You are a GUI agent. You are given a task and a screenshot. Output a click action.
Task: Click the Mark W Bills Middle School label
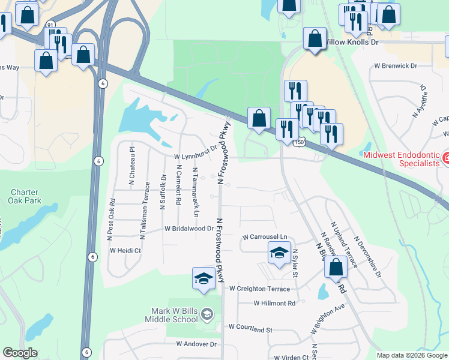pos(171,314)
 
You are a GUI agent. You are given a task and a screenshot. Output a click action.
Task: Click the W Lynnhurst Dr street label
pos(195,152)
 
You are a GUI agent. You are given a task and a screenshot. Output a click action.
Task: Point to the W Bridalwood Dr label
pos(189,229)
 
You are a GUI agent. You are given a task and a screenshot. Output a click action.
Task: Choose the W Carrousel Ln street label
pos(265,238)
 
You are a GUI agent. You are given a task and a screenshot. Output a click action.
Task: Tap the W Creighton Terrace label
pos(259,289)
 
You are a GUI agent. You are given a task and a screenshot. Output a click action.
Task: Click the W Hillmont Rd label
pos(274,304)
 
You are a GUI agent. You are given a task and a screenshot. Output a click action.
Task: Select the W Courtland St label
pos(250,329)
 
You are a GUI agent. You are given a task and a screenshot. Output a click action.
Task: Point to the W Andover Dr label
pos(196,344)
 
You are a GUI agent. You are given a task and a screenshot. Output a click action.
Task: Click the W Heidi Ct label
pos(124,250)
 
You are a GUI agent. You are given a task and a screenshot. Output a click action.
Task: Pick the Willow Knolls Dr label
pos(350,43)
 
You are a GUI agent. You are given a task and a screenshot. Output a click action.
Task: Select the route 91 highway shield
pos(50,25)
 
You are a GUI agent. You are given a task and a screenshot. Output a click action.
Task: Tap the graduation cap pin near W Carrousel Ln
pos(279,253)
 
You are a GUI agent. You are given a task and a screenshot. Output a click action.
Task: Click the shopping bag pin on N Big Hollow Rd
pos(336,267)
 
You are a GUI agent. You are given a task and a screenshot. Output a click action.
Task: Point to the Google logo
pos(20,353)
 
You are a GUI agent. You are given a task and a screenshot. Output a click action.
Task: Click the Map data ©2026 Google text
pos(411,355)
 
